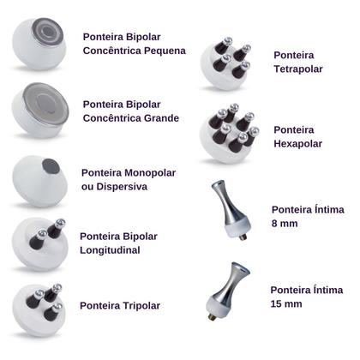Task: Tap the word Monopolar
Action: pyautogui.click(x=147, y=172)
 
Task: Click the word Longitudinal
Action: pyautogui.click(x=110, y=250)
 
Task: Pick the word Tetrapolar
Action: pyautogui.click(x=298, y=69)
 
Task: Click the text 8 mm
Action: pyautogui.click(x=285, y=223)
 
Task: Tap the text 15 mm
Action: pyautogui.click(x=286, y=303)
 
